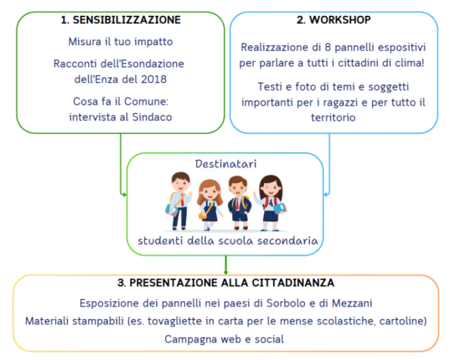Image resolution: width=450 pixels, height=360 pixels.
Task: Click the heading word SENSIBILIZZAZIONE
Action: click(127, 20)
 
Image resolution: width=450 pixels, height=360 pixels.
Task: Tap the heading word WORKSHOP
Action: click(340, 20)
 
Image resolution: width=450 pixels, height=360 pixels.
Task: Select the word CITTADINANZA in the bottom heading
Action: click(293, 283)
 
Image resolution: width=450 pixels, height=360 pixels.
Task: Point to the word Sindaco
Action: click(152, 117)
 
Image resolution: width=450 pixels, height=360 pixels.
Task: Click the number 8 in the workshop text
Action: click(328, 47)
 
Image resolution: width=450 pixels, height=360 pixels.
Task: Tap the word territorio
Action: click(333, 118)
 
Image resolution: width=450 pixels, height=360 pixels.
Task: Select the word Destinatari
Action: click(226, 164)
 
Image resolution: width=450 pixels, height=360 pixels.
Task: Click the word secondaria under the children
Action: click(288, 241)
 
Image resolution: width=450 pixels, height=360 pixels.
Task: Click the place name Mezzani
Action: click(352, 303)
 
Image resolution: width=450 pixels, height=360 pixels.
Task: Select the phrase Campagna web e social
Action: click(224, 339)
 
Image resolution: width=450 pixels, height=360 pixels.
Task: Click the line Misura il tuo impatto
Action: click(121, 42)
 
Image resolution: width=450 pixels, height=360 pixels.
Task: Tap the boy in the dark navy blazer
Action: click(239, 203)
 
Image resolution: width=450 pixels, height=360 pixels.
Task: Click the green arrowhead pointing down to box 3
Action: click(226, 272)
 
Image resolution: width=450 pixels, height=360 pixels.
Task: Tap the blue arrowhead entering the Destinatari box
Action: click(326, 194)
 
